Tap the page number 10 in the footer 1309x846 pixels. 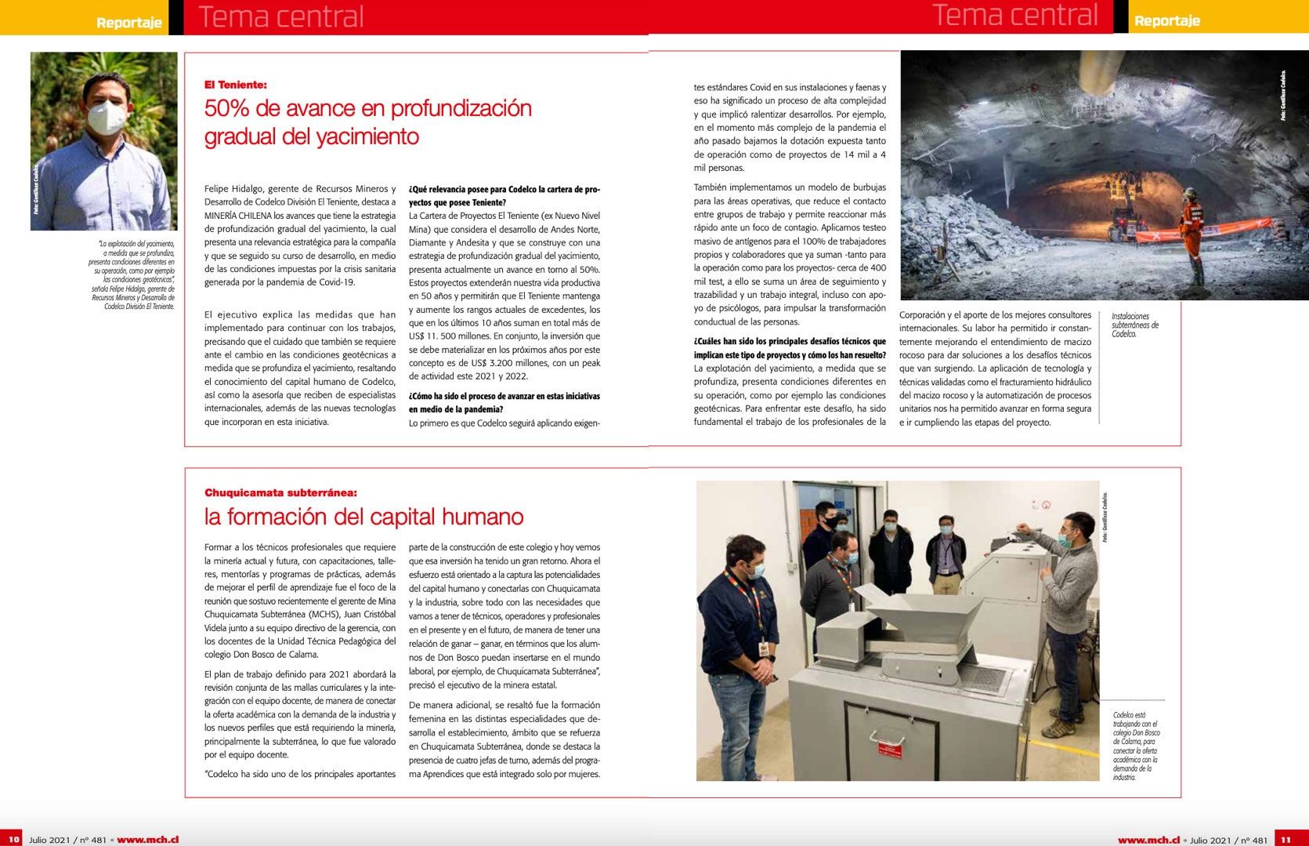[x=13, y=839]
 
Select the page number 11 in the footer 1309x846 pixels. [x=1285, y=839]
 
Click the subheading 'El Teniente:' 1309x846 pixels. [x=235, y=85]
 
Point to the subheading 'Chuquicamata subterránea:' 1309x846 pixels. [x=280, y=493]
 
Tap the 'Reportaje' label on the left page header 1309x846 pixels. [x=128, y=22]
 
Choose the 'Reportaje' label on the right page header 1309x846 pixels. [x=1166, y=20]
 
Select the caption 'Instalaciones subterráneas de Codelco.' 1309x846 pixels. [x=1134, y=325]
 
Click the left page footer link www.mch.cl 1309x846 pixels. [x=147, y=840]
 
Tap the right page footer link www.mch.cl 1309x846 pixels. [x=1148, y=840]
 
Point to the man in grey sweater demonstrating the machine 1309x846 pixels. [x=1069, y=596]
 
